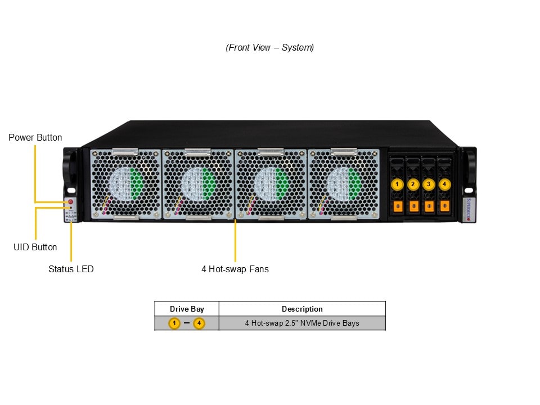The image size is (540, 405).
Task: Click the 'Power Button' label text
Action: point(35,137)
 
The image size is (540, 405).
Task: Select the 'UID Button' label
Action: point(35,247)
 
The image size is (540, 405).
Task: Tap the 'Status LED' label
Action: point(71,269)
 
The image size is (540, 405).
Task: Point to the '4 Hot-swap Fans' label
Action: point(235,269)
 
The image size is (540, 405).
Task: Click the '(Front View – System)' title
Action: point(270,47)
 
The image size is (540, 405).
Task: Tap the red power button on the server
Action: point(71,201)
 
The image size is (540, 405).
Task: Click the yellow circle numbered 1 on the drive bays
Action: point(397,184)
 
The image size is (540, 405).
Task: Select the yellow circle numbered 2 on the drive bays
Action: point(413,184)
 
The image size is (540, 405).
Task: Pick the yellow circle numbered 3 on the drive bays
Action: point(429,184)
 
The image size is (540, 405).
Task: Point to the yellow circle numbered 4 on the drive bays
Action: point(444,184)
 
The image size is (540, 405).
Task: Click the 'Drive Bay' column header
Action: point(187,309)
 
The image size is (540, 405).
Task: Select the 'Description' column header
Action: point(302,309)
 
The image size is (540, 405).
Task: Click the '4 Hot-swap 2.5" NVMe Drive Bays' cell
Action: point(302,323)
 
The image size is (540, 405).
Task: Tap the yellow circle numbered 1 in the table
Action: point(174,323)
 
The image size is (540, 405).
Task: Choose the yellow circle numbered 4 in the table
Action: point(199,323)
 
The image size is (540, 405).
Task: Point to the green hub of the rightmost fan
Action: point(354,182)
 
